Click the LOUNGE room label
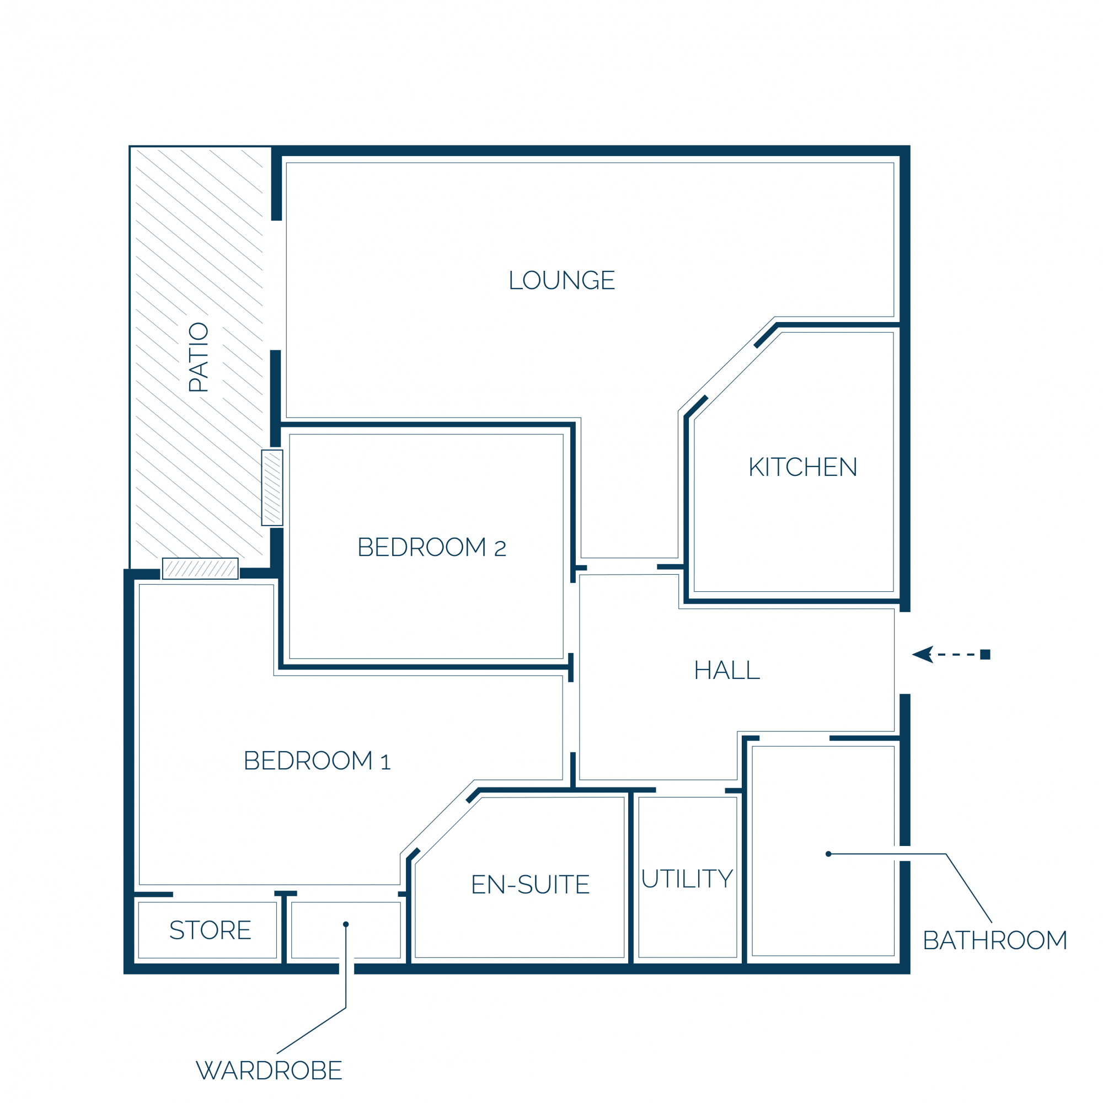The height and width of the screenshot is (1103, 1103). coord(562,280)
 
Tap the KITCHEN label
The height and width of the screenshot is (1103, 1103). coord(802,467)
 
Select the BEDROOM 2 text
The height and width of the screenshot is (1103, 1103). coord(432,547)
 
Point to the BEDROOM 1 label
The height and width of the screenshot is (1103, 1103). coord(317,761)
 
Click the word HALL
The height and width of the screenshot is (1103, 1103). coord(727,670)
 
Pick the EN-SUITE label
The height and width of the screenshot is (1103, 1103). coord(531,885)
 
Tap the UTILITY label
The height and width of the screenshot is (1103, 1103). coord(687,878)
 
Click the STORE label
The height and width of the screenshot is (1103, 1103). coord(210,930)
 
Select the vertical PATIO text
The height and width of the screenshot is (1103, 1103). coord(199,357)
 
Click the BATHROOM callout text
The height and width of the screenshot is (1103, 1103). coord(994,940)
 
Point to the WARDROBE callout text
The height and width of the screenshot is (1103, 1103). coord(269,1070)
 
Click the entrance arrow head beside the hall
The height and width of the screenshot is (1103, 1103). coord(923,654)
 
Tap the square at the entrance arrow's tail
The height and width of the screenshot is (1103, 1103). coord(986,654)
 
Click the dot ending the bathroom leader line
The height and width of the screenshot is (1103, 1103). coord(828,854)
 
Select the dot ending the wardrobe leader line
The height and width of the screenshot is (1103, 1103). coord(346,924)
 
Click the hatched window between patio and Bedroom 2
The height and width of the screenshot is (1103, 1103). coord(272,488)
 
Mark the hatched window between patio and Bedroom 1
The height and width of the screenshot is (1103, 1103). coord(200,569)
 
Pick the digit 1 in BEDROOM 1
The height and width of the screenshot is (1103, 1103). coord(385,762)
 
